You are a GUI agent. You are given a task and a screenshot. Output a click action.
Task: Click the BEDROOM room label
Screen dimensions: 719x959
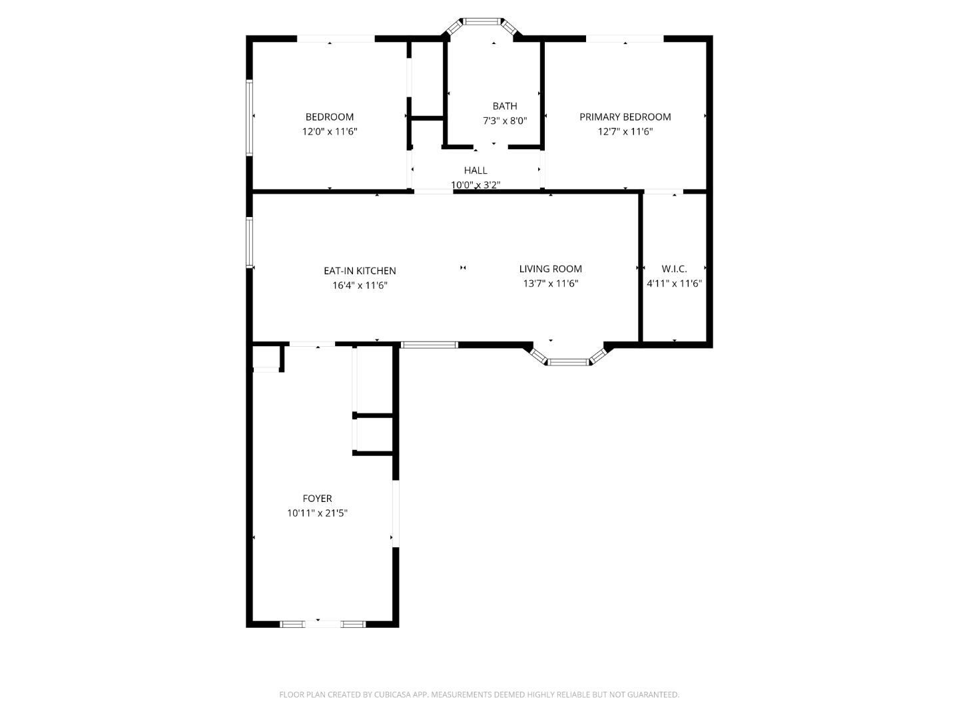329,117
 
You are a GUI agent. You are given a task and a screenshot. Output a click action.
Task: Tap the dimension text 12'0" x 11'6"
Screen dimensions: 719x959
329,132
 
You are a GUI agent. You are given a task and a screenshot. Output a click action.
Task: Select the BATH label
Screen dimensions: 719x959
504,107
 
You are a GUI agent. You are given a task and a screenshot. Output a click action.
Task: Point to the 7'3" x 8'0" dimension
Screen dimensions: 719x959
504,121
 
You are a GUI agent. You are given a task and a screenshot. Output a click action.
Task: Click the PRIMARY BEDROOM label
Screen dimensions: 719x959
625,117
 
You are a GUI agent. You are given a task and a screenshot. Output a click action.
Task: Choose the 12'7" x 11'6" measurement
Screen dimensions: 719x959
625,132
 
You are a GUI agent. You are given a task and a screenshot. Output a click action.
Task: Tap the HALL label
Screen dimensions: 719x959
476,170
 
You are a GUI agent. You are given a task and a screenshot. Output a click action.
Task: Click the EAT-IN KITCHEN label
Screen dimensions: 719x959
360,271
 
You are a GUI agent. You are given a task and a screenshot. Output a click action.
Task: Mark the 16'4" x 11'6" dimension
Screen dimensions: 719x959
360,286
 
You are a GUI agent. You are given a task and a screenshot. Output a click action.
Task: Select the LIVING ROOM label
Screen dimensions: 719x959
550,269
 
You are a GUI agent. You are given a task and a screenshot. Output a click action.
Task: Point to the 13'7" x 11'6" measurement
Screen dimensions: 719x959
550,284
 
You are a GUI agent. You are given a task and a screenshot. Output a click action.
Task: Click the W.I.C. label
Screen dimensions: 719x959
674,269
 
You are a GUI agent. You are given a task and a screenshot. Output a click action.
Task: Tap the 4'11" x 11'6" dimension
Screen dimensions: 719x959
674,284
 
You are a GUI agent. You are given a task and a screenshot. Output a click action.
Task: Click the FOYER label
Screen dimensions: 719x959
317,499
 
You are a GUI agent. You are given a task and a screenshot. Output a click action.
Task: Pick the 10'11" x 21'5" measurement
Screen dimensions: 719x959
317,513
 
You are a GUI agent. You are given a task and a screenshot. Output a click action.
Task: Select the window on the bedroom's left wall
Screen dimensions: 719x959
250,117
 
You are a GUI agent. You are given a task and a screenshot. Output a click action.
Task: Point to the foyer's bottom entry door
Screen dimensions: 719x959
323,624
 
